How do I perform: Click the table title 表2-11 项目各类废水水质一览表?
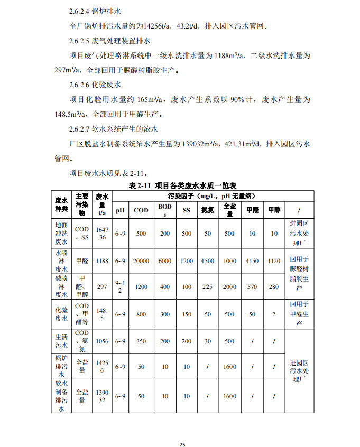tap(182, 185)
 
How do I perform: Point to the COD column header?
tap(141, 210)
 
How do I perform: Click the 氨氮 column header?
tap(207, 210)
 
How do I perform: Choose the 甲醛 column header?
tap(252, 210)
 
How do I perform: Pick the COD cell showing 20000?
tap(141, 260)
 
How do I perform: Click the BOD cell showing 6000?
tap(165, 260)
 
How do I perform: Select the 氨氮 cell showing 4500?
tap(207, 260)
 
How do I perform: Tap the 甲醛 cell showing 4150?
tap(252, 260)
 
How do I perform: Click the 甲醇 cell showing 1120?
tap(273, 260)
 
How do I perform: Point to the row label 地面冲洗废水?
tap(61, 233)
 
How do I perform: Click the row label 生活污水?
tap(61, 341)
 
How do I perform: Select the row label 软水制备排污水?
tap(61, 396)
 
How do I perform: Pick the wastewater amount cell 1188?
tap(102, 260)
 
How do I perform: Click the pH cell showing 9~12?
tap(121, 287)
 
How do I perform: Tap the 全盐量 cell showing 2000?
tap(229, 287)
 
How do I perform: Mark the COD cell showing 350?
tap(141, 341)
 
